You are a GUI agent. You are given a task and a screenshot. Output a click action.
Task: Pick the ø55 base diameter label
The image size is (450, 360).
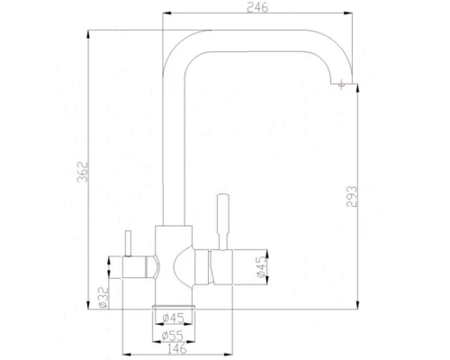tap(174, 335)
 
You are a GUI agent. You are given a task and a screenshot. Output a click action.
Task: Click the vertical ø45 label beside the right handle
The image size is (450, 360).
tap(261, 267)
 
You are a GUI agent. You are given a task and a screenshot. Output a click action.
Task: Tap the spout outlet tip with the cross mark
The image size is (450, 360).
tap(342, 86)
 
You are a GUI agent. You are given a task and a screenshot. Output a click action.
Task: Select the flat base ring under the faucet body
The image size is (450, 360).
tap(174, 308)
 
